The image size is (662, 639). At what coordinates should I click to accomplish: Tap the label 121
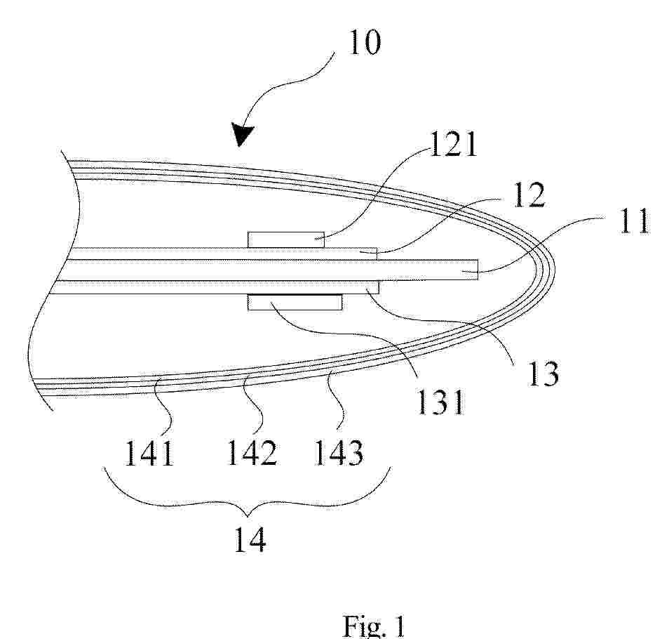[x=453, y=145]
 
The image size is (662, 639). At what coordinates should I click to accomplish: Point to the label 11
[x=633, y=221]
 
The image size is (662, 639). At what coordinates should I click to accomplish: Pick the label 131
[x=441, y=402]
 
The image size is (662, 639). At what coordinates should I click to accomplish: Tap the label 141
[x=149, y=453]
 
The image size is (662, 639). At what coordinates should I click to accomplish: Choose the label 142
[x=252, y=452]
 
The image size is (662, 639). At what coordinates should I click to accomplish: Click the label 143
[x=339, y=452]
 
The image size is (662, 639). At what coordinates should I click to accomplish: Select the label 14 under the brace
[x=250, y=539]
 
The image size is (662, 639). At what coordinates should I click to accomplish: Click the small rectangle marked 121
[x=286, y=239]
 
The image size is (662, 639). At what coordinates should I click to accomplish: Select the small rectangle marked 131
[x=295, y=302]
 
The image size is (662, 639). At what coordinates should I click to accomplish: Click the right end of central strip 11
[x=478, y=270]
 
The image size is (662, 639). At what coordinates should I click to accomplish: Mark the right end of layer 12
[x=376, y=253]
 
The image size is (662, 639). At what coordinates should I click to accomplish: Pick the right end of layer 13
[x=378, y=287]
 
